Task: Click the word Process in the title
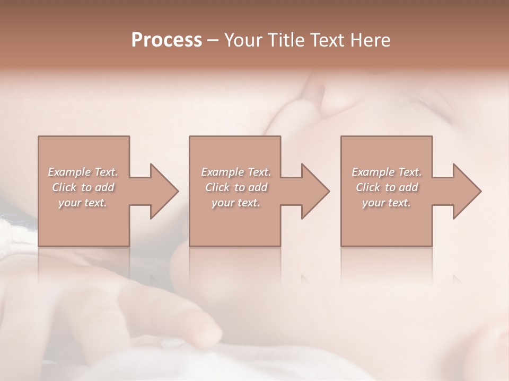[x=166, y=40]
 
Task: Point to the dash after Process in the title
[x=213, y=41]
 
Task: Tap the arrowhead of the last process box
[x=466, y=191]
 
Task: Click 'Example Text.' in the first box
[x=83, y=172]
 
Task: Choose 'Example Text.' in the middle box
[x=236, y=172]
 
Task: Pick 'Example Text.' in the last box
[x=387, y=172]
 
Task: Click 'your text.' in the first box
[x=83, y=203]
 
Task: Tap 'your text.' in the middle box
[x=236, y=203]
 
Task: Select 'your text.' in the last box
[x=387, y=203]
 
